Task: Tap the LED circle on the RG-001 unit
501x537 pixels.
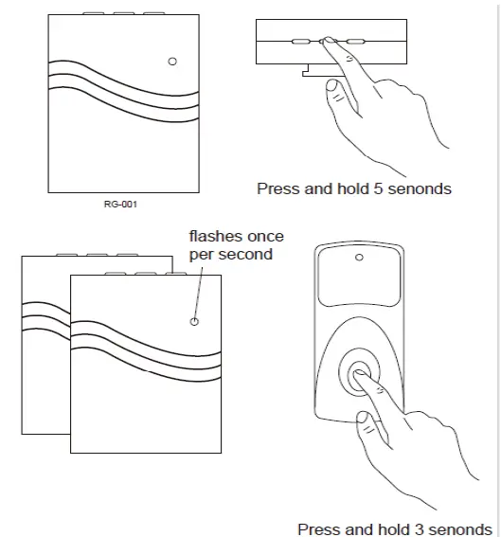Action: point(171,62)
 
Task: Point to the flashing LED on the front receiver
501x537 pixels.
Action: point(195,321)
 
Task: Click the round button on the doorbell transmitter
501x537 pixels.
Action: point(361,374)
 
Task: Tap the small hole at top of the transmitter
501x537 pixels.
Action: point(359,257)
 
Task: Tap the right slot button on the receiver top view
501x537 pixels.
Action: point(356,42)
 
